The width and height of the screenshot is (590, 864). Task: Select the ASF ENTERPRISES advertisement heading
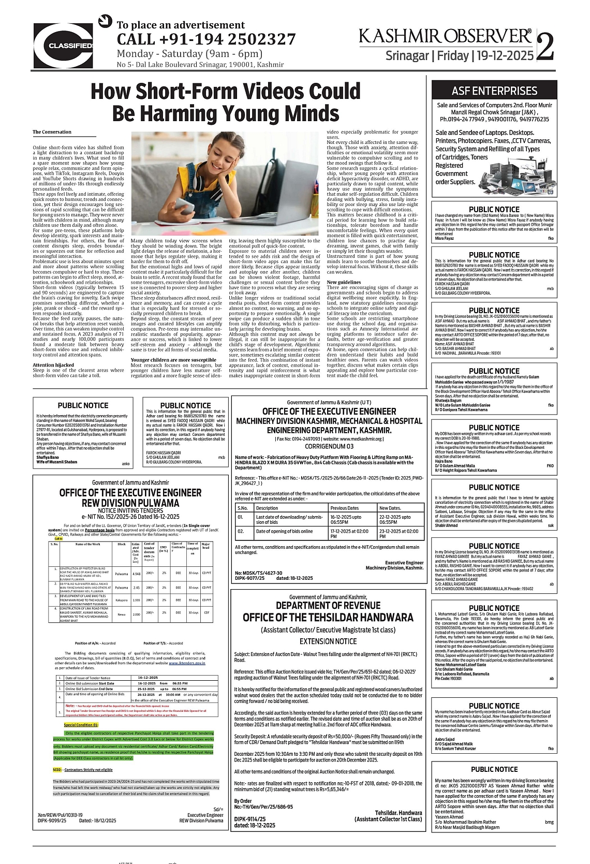(494, 91)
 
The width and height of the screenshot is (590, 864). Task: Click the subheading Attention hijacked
(53, 365)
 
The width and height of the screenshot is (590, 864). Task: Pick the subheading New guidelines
(344, 282)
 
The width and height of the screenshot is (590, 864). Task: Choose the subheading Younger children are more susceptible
(173, 360)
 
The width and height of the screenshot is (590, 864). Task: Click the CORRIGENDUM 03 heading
(329, 446)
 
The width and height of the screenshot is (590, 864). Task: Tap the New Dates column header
(390, 508)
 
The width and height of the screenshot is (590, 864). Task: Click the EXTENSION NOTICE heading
(328, 641)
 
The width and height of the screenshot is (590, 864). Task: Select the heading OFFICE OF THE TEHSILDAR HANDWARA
(328, 618)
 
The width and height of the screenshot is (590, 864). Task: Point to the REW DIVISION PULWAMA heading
(130, 503)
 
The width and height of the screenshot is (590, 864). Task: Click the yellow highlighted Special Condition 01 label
(81, 725)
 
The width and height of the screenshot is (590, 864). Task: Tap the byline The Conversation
(52, 132)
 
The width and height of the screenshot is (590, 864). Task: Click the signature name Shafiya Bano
(48, 457)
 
